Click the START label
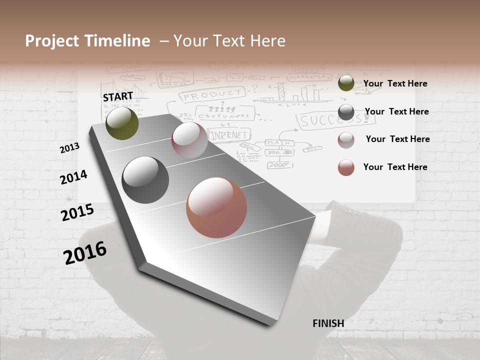[x=118, y=96]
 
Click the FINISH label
[x=328, y=323]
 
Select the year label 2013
[x=70, y=148]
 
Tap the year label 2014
[x=74, y=177]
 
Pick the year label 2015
[x=77, y=212]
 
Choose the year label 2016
[x=85, y=252]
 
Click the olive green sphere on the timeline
[x=122, y=123]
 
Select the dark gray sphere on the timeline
[x=145, y=180]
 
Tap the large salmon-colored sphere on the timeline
[x=216, y=207]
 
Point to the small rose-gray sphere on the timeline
[x=189, y=140]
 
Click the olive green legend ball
[x=346, y=83]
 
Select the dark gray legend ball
[x=346, y=112]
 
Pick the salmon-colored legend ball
[x=346, y=167]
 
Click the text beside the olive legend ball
[x=395, y=84]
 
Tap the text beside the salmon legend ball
[x=395, y=167]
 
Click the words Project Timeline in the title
[x=87, y=41]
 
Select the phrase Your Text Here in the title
[x=229, y=41]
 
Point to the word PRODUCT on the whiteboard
[x=212, y=94]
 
